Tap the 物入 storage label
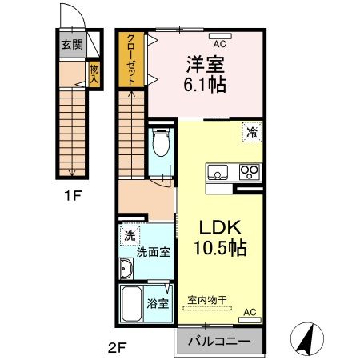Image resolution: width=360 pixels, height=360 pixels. [x=93, y=75]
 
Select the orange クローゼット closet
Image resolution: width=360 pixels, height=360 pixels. [x=128, y=58]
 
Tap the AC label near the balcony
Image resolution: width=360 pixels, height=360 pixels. [x=249, y=311]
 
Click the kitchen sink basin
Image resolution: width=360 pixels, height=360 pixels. [x=218, y=171]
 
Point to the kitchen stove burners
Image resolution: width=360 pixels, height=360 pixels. [x=249, y=171]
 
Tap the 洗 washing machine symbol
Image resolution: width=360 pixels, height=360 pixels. [x=130, y=236]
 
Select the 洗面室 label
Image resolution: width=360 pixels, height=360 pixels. [x=152, y=252]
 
